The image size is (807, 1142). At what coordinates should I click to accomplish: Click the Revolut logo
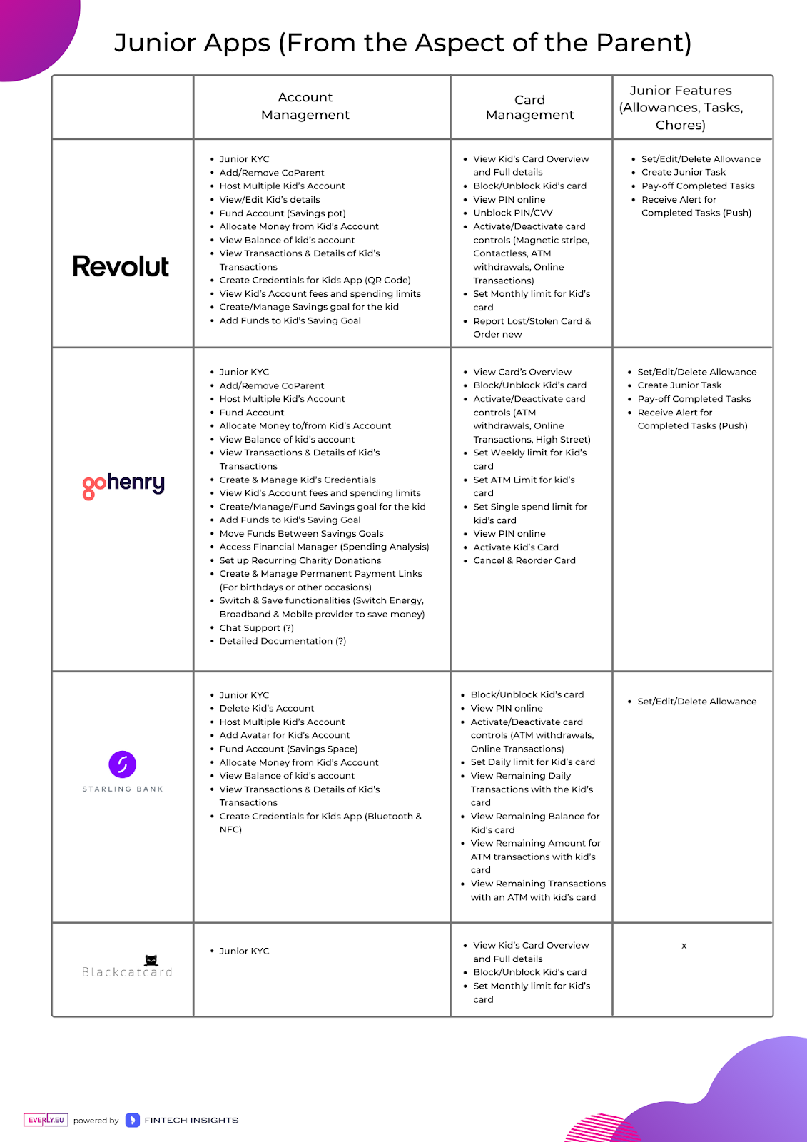click(x=121, y=267)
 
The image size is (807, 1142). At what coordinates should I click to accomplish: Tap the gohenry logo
click(x=123, y=485)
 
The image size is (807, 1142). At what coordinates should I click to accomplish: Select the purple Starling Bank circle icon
click(x=122, y=764)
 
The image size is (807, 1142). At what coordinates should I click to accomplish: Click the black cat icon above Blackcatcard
click(x=151, y=960)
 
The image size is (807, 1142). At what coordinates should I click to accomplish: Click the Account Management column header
click(x=305, y=106)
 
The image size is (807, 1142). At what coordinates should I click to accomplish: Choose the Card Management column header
click(x=529, y=108)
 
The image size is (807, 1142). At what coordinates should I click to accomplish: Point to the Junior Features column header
click(x=681, y=108)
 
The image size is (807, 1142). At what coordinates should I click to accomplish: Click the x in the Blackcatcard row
click(x=684, y=946)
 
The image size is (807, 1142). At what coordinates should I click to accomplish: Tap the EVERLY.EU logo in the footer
click(x=46, y=1120)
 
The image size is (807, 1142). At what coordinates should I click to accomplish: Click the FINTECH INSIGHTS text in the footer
click(x=191, y=1121)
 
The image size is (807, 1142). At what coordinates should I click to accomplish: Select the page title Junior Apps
click(x=402, y=43)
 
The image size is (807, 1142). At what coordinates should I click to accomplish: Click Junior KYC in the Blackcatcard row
click(x=244, y=951)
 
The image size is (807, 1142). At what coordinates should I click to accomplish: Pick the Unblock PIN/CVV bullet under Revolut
click(x=512, y=213)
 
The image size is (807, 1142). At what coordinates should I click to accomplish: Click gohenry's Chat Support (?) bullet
click(x=256, y=628)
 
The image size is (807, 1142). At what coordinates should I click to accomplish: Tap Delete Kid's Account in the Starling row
click(x=266, y=709)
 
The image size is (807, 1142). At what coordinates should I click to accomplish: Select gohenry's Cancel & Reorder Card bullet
click(x=524, y=560)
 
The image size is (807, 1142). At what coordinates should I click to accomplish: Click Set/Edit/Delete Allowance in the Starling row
click(x=696, y=702)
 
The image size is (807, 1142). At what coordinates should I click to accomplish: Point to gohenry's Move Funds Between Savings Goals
click(x=301, y=534)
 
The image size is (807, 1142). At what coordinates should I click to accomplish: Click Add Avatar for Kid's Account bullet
click(x=284, y=735)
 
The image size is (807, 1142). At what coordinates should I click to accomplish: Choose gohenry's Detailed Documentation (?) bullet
click(x=283, y=641)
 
